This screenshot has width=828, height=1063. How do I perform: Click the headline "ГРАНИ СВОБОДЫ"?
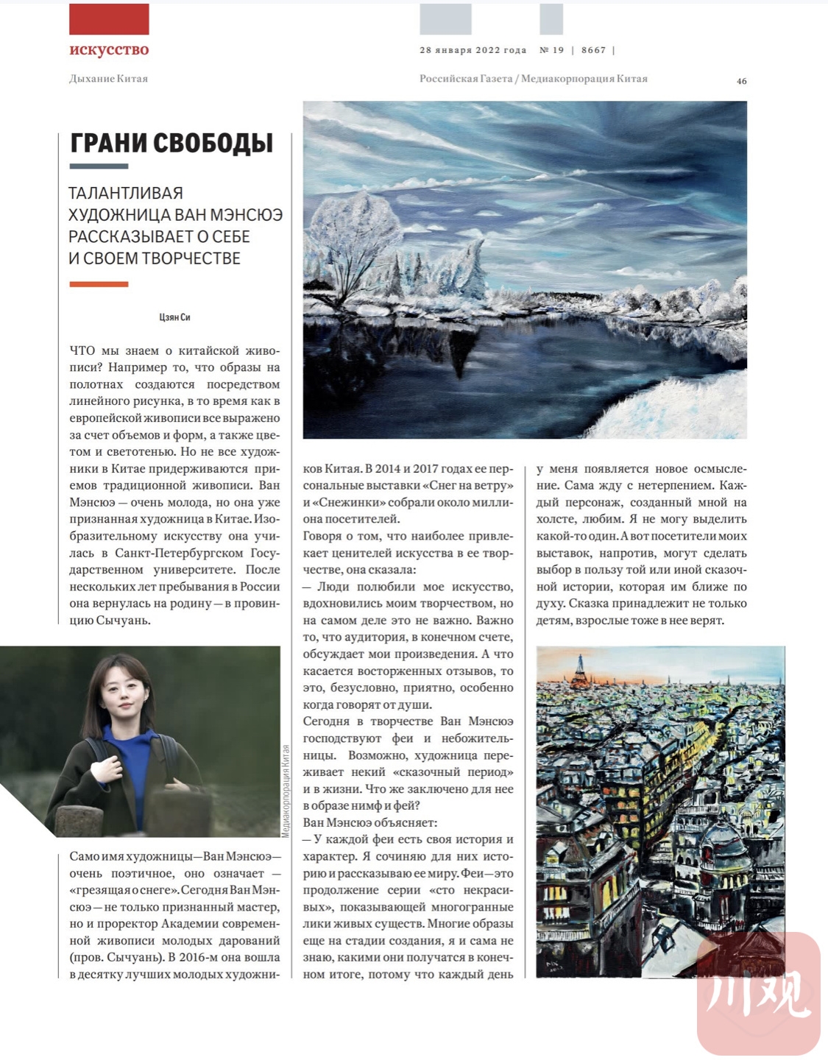(x=171, y=143)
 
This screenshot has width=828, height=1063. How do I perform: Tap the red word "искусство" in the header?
(x=109, y=49)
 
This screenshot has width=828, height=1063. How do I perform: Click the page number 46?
(x=741, y=81)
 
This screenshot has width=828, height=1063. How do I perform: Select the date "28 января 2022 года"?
(x=473, y=50)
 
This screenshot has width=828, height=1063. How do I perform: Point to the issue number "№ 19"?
(x=551, y=50)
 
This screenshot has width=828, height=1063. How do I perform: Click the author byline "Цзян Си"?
(x=174, y=317)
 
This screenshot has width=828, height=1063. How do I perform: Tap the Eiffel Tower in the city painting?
(x=581, y=668)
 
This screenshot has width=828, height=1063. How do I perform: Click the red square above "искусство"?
(x=109, y=19)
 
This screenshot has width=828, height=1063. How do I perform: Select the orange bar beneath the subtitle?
(x=99, y=284)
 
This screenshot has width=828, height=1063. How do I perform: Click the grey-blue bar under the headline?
(x=99, y=166)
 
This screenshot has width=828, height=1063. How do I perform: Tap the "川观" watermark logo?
(x=758, y=994)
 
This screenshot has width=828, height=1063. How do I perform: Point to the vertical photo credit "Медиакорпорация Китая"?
(x=286, y=791)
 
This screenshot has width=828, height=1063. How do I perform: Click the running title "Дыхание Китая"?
(x=108, y=79)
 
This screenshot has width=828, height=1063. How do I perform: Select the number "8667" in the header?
(x=593, y=50)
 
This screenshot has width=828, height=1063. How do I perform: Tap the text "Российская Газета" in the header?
(x=465, y=79)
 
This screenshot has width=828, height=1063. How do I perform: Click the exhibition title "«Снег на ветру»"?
(x=470, y=486)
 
